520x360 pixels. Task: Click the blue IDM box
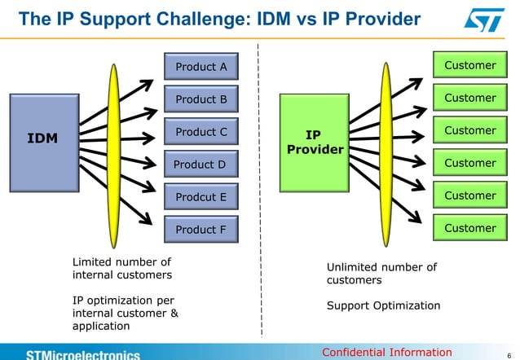[42, 139]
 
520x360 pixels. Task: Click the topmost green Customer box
[469, 65]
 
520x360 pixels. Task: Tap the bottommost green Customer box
[469, 228]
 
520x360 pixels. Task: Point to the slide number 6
[509, 353]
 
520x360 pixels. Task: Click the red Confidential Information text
[386, 352]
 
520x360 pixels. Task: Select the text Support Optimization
[383, 305]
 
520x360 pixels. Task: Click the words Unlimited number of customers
[381, 273]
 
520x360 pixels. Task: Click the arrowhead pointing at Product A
[149, 83]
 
